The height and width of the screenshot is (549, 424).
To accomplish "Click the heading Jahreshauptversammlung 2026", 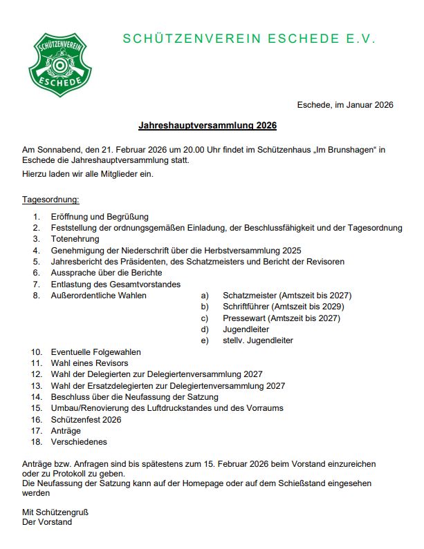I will click(x=208, y=126).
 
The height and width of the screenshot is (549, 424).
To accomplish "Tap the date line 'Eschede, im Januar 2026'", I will click(x=345, y=105).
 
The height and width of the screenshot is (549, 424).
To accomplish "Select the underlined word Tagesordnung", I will click(x=50, y=200).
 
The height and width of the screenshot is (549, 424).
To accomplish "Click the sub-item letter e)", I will click(x=204, y=340).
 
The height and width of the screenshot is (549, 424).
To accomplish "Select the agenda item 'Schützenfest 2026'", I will click(x=86, y=419).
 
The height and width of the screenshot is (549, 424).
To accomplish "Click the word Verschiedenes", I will click(x=79, y=442).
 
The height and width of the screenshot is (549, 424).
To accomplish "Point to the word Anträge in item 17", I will click(x=66, y=431).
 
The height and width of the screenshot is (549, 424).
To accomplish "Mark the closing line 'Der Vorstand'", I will click(x=47, y=522).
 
